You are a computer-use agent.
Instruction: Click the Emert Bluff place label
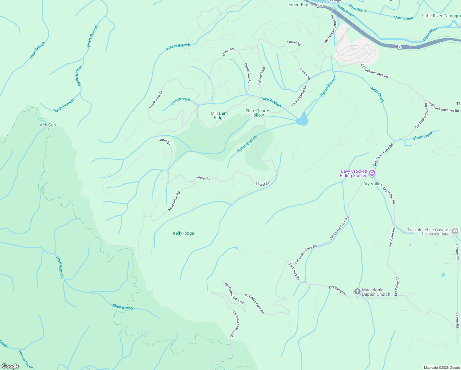coord(299,5)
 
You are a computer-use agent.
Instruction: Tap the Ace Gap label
coord(48,125)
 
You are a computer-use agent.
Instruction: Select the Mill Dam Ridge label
coord(219,115)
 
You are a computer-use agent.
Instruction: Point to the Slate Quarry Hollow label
coord(257,113)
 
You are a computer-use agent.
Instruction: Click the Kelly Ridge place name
coord(183,233)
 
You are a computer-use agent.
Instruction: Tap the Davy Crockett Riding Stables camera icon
coord(372,173)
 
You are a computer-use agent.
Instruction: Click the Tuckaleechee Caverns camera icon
coord(455,231)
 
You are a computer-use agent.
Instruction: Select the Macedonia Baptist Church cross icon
coord(357,291)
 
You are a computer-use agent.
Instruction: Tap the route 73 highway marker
coord(400,47)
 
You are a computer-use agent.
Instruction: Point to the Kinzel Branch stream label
coord(178,47)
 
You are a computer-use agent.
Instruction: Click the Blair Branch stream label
coord(37,50)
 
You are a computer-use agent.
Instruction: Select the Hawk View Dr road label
coord(156,99)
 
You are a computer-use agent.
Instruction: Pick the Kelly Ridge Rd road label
coord(174,201)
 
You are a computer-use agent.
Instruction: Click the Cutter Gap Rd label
coord(247,73)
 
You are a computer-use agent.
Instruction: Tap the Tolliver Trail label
coord(262,76)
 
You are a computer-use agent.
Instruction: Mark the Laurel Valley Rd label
coord(299,96)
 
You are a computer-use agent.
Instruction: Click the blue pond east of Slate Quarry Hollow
coord(302,120)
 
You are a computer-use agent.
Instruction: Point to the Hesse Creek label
coord(25,360)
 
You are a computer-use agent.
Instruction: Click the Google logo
coord(10,366)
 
